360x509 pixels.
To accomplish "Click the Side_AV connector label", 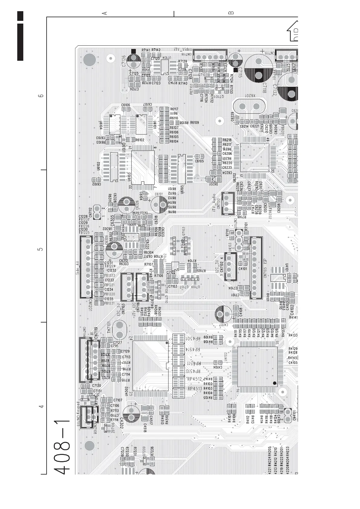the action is click(x=77, y=267).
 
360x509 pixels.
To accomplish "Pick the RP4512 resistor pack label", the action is click(x=195, y=379).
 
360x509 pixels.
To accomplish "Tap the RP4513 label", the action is click(x=195, y=388).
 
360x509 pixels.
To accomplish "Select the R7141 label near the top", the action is click(x=146, y=50).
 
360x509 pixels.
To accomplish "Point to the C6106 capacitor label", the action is click(x=126, y=105).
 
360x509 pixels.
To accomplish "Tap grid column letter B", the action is click(x=231, y=13).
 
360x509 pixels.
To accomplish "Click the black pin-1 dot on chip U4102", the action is click(x=274, y=383).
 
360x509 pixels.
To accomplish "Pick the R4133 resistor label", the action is click(x=293, y=335).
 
